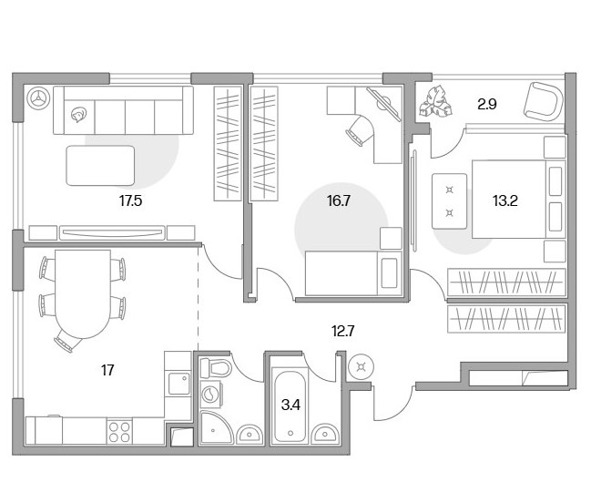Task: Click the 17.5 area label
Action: pyautogui.click(x=130, y=200)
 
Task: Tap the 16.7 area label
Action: pyautogui.click(x=339, y=200)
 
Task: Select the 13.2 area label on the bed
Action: pyautogui.click(x=504, y=200)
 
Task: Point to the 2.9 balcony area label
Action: pyautogui.click(x=486, y=104)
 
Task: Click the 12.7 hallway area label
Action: pyautogui.click(x=342, y=331)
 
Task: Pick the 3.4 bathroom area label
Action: pyautogui.click(x=290, y=406)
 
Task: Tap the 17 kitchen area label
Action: pyautogui.click(x=107, y=370)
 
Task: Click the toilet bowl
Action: pyautogui.click(x=215, y=368)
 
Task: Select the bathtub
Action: pyautogui.click(x=290, y=406)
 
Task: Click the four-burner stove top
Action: pyautogui.click(x=119, y=432)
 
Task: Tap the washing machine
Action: pyautogui.click(x=210, y=394)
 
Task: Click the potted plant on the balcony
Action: pyautogui.click(x=435, y=101)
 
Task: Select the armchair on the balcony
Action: pyautogui.click(x=543, y=101)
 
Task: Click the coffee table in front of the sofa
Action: pyautogui.click(x=100, y=165)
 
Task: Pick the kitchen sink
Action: pyautogui.click(x=179, y=384)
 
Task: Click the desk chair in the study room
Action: pyautogui.click(x=359, y=130)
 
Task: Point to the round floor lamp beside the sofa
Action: pyautogui.click(x=38, y=98)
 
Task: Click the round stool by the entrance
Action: pyautogui.click(x=362, y=366)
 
